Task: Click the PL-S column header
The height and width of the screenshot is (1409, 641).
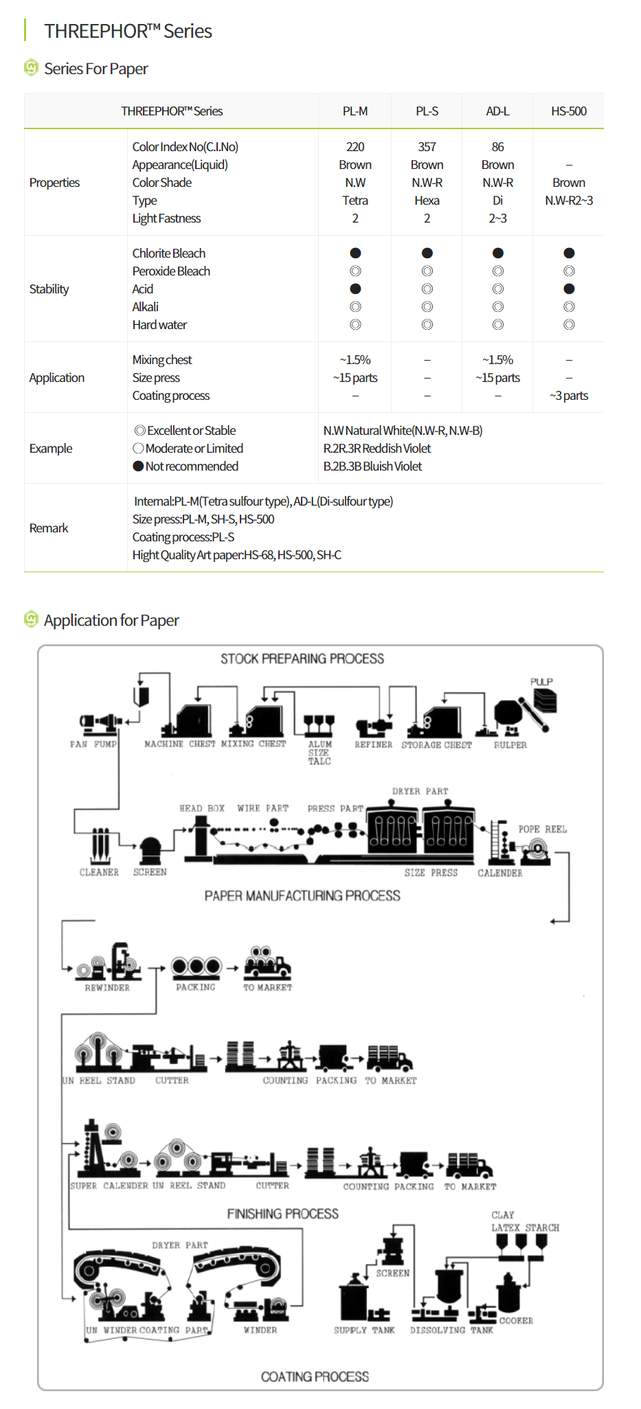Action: pos(427,111)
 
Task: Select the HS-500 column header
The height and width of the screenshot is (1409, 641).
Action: pos(568,111)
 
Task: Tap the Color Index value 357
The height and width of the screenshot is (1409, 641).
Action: pos(427,147)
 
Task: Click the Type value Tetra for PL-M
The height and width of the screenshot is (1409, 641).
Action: pos(355,201)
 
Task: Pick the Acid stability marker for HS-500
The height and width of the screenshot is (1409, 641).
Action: pos(569,289)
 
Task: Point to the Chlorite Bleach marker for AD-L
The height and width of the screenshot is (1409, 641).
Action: pos(498,253)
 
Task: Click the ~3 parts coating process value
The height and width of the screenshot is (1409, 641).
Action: pos(569,396)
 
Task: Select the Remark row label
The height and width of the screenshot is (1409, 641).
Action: pos(49,528)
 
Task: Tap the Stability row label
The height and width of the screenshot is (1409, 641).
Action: pos(49,289)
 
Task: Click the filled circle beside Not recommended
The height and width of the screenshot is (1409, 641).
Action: pos(138,466)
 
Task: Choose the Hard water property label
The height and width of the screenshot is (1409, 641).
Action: pos(159,325)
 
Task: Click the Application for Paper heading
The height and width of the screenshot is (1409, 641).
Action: pos(111,620)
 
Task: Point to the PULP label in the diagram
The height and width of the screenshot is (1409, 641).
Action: pos(541,681)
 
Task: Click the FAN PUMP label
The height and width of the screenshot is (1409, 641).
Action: pos(93,744)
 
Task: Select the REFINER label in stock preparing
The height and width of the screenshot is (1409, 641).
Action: pos(373,745)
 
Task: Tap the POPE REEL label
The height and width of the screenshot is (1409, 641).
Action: pos(542,829)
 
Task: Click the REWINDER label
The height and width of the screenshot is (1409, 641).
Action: pos(107,988)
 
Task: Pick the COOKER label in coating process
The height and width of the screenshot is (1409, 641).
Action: pos(516,1320)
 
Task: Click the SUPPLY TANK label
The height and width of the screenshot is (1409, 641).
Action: pos(364,1330)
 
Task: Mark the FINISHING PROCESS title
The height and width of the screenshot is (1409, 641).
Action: pos(282,1214)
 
